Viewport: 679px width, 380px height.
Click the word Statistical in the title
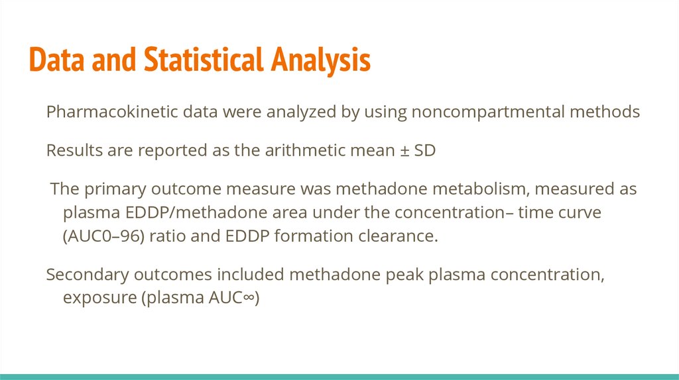coord(203,59)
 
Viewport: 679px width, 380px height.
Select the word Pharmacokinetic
coord(112,111)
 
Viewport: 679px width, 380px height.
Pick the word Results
coord(74,150)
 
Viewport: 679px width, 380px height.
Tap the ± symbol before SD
coord(404,151)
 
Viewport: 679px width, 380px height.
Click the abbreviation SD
coord(425,150)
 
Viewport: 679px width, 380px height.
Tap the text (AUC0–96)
coord(103,236)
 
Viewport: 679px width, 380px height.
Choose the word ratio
coord(168,236)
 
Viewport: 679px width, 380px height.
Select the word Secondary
coord(88,275)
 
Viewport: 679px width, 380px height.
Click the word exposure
coord(100,298)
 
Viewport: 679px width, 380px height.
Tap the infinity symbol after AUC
coord(249,298)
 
